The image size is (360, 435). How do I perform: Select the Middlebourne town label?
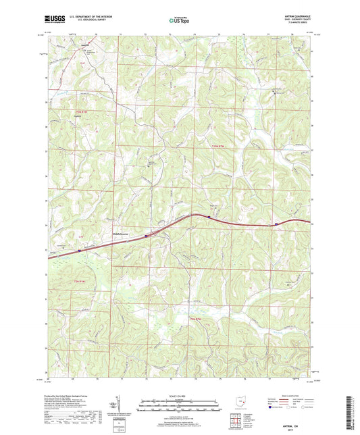point(122,234)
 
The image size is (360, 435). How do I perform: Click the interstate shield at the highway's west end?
point(79,251)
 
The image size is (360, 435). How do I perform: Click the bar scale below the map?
point(180,407)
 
